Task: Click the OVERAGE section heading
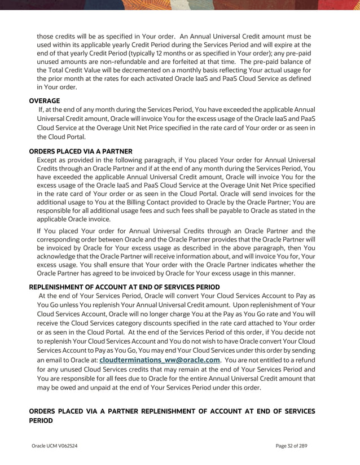(x=44, y=100)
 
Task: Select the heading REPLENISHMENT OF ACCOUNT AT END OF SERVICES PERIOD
(x=124, y=287)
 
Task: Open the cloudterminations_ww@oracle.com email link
(x=160, y=360)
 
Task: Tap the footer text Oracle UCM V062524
(x=55, y=446)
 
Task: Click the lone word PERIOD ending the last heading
(x=41, y=421)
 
